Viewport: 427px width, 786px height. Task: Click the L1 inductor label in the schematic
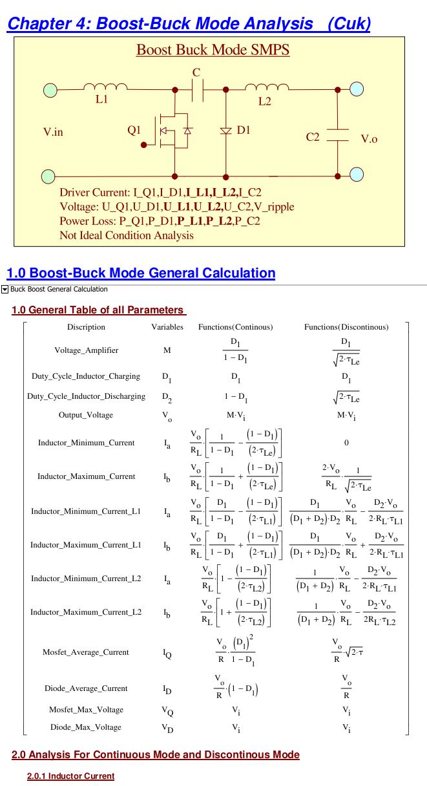pos(101,100)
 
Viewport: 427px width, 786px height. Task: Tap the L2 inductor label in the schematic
pos(264,101)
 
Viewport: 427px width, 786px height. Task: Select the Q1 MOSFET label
pos(134,130)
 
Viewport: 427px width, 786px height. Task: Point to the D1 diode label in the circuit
pos(244,130)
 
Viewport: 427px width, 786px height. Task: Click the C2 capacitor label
pos(313,137)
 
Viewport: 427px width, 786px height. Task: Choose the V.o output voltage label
pos(369,139)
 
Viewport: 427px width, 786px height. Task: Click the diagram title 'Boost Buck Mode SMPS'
pos(213,50)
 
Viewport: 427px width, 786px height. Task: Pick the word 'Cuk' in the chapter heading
pos(348,24)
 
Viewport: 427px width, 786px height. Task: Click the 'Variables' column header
pos(167,327)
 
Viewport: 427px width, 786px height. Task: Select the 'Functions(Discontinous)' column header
pos(346,327)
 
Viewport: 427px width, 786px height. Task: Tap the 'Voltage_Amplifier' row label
pos(87,350)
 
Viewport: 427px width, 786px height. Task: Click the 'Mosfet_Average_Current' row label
pos(86,652)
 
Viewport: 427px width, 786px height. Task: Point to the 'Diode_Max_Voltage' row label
pos(86,727)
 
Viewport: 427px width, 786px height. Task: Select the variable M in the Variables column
pos(167,350)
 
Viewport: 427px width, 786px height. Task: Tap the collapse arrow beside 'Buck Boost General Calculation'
pos(5,290)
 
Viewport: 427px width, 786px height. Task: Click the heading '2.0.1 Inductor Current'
pos(70,776)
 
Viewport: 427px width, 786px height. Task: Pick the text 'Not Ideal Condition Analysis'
pos(127,235)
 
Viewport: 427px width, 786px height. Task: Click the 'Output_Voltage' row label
pos(86,415)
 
